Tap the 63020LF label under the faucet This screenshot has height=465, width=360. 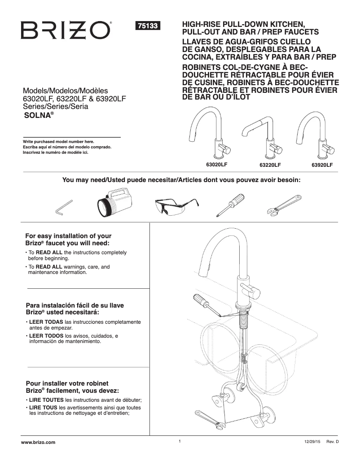pos(216,165)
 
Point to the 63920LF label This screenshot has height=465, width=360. pos(322,165)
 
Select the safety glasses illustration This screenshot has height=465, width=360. pos(171,207)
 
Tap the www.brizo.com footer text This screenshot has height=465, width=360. pos(39,442)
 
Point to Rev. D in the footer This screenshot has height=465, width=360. pos(332,442)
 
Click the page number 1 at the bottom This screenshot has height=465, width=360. pos(180,441)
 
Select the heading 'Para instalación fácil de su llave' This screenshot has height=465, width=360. pos(75,305)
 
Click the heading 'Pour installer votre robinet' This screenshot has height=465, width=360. pos(67,384)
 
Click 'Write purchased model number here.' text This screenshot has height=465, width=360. pos(58,142)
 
